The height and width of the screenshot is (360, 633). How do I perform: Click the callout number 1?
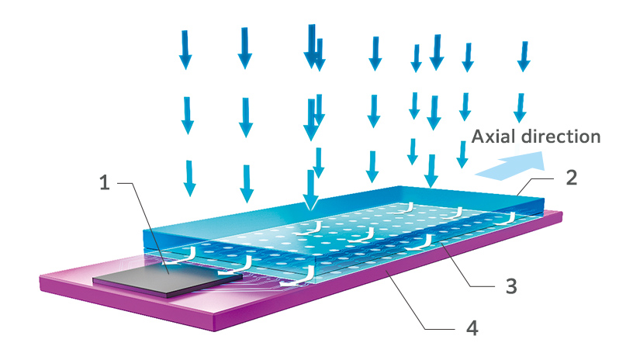click(x=105, y=183)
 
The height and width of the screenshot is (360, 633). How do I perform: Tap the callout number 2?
click(x=571, y=178)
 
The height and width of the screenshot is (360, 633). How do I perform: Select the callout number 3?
click(x=511, y=286)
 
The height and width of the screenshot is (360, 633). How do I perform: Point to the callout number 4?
click(x=472, y=328)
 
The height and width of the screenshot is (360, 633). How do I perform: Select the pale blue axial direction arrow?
click(x=510, y=166)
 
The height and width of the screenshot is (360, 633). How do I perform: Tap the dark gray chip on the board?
click(x=168, y=279)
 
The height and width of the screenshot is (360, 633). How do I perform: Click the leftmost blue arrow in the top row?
click(x=185, y=50)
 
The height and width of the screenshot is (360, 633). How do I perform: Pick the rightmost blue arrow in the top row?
click(x=524, y=57)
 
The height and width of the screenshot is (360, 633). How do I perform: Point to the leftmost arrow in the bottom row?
click(x=189, y=178)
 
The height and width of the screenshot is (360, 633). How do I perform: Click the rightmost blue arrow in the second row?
click(x=521, y=108)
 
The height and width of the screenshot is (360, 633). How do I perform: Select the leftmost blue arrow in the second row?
click(x=187, y=116)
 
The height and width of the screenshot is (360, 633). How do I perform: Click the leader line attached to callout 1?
click(x=144, y=226)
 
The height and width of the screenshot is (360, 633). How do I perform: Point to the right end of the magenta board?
click(x=562, y=216)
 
